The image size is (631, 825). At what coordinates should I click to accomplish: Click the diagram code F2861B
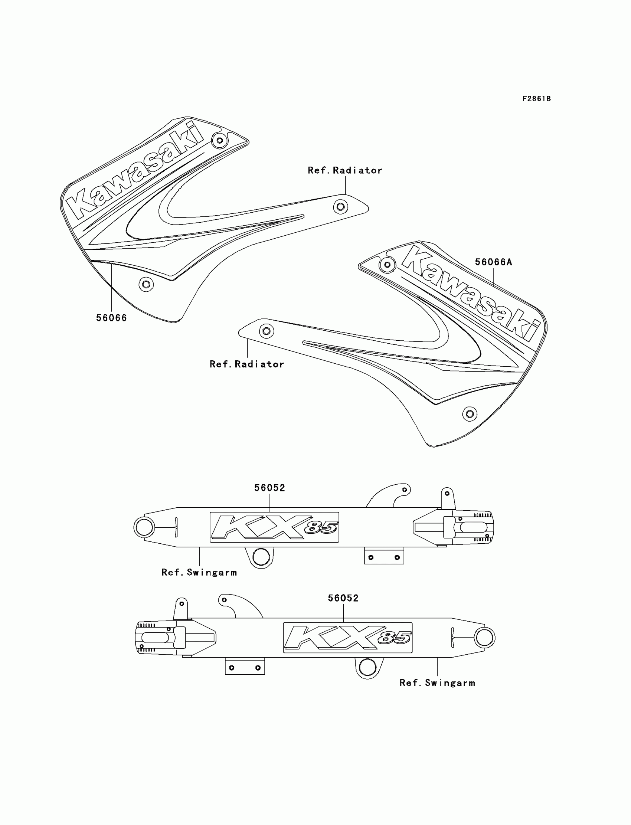(536, 99)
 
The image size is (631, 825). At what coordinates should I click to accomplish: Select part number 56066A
(493, 262)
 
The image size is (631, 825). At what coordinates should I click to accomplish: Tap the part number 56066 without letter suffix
(112, 318)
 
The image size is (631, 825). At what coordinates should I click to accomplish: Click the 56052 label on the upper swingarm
(270, 488)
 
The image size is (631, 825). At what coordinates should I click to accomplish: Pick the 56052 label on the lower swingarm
(343, 598)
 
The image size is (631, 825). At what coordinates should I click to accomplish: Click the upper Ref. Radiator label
(345, 170)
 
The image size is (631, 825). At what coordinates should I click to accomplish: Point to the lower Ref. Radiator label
(247, 364)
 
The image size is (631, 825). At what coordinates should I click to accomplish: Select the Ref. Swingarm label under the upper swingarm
(199, 572)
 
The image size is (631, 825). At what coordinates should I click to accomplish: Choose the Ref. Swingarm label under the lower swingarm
(437, 683)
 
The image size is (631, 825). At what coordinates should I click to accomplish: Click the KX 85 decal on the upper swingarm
(274, 527)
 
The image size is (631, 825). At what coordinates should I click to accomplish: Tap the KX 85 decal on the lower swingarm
(347, 638)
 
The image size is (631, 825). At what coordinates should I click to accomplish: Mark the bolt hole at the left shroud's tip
(340, 207)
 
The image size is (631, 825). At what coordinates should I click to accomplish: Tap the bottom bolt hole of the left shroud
(146, 284)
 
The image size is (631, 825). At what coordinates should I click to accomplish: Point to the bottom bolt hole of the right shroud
(470, 414)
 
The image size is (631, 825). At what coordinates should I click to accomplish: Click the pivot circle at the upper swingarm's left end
(144, 527)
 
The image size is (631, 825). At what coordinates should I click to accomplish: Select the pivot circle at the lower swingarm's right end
(484, 638)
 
